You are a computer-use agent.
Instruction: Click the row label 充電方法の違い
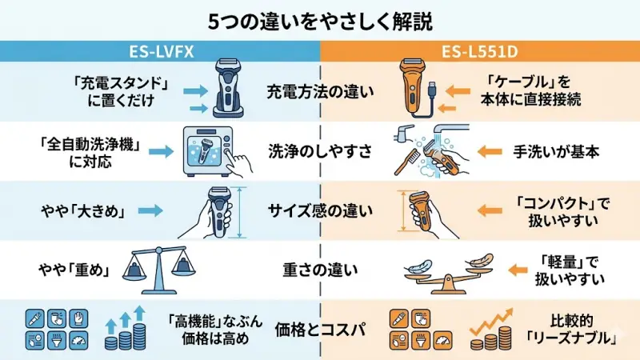(320, 91)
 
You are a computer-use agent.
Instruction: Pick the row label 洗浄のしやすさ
(320, 150)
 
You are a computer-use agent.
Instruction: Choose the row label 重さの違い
(320, 269)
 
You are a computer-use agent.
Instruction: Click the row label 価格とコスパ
(320, 328)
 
